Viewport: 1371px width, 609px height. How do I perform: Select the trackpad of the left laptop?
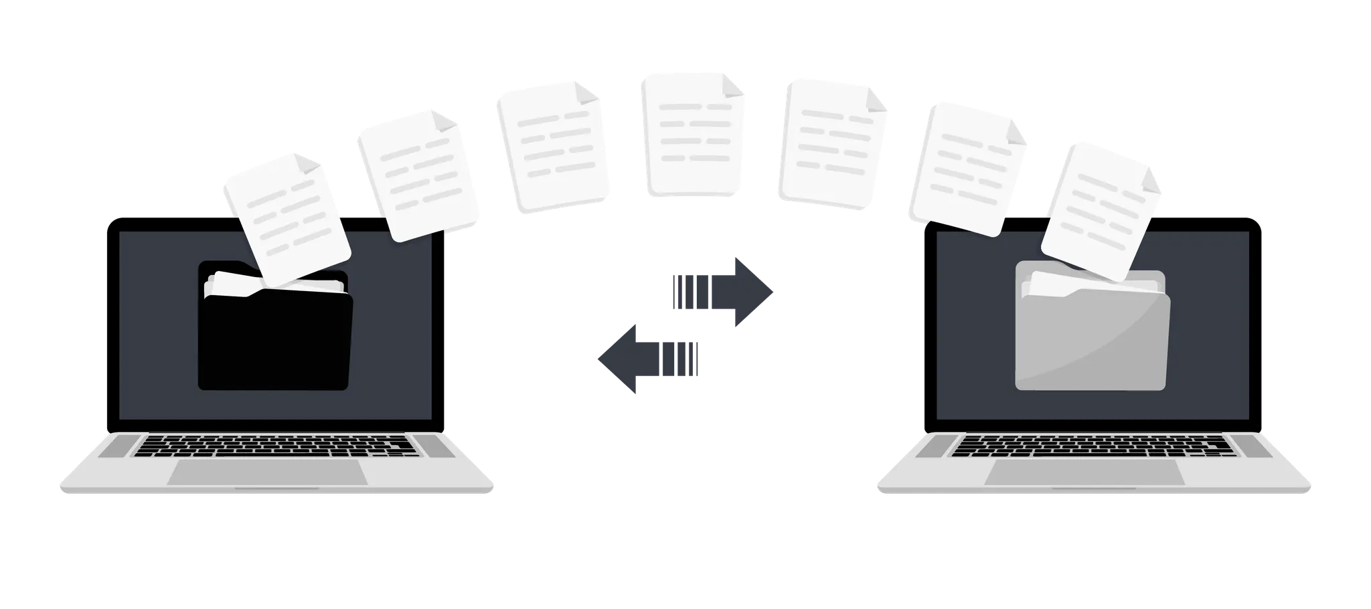[x=267, y=472]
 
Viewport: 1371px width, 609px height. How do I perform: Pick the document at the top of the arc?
[x=693, y=134]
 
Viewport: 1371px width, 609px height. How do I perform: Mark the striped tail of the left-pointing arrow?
[x=679, y=357]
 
